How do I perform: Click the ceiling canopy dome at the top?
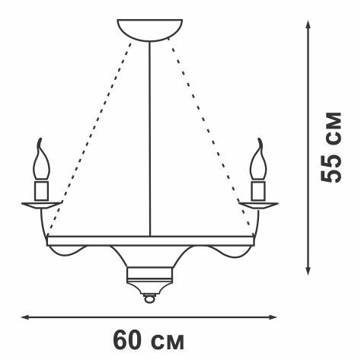tap(150, 29)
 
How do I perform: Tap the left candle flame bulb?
tap(41, 162)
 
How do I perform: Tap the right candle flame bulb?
tap(258, 162)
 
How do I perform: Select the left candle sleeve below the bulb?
tap(41, 190)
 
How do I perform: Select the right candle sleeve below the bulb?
tap(258, 190)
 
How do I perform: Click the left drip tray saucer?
tap(41, 205)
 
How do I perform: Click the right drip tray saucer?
tap(258, 205)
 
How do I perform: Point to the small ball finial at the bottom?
tap(149, 298)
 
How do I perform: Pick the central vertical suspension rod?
tap(150, 139)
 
